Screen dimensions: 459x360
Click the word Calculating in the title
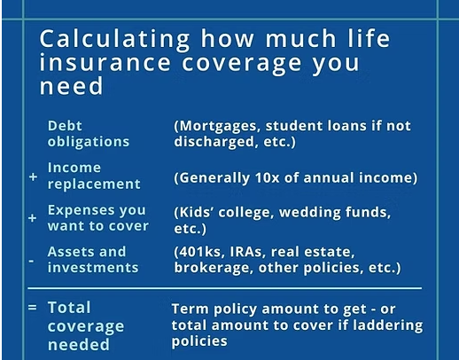114,39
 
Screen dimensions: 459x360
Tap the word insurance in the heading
105,63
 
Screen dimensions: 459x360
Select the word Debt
65,126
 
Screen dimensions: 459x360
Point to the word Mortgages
218,126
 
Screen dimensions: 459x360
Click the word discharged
214,141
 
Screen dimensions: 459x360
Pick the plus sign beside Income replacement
33,176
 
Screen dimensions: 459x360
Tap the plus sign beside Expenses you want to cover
33,218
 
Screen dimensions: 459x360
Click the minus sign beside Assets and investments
31,261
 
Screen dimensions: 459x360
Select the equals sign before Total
33,308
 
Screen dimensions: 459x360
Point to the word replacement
94,184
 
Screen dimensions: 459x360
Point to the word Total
69,308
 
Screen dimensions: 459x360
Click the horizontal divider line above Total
225,288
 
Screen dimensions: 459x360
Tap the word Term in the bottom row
191,309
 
